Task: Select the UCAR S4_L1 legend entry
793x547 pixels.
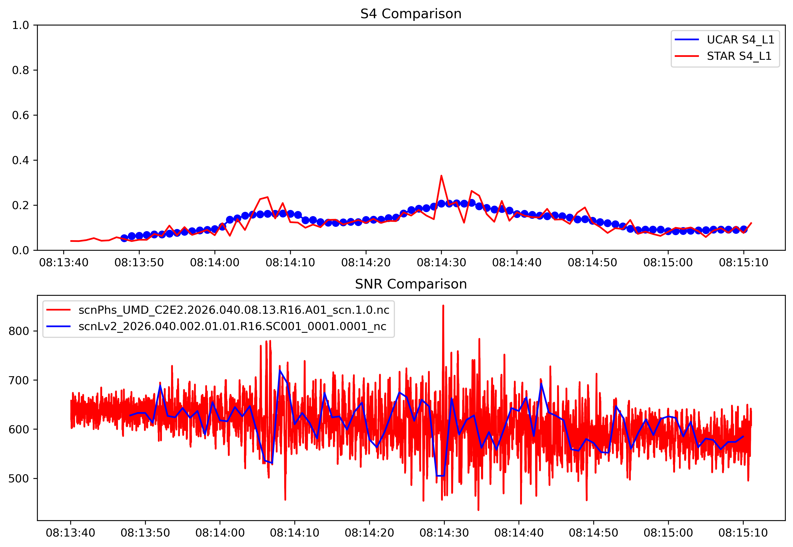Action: (740, 40)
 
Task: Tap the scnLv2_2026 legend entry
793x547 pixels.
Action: (232, 326)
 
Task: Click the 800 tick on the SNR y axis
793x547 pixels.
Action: (18, 331)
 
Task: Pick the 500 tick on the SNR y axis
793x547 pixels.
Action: (18, 478)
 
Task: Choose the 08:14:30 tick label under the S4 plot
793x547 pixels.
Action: (441, 263)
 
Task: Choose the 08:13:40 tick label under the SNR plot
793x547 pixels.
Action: (70, 533)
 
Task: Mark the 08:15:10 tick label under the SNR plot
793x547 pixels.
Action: (743, 533)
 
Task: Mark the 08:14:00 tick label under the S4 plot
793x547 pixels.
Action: (214, 263)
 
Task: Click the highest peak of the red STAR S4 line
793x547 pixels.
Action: (441, 176)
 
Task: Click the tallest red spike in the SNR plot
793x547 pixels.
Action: (443, 305)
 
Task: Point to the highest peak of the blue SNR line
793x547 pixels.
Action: (280, 370)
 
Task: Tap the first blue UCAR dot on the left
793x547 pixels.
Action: (124, 238)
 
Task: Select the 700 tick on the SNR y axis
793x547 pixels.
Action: (18, 380)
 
